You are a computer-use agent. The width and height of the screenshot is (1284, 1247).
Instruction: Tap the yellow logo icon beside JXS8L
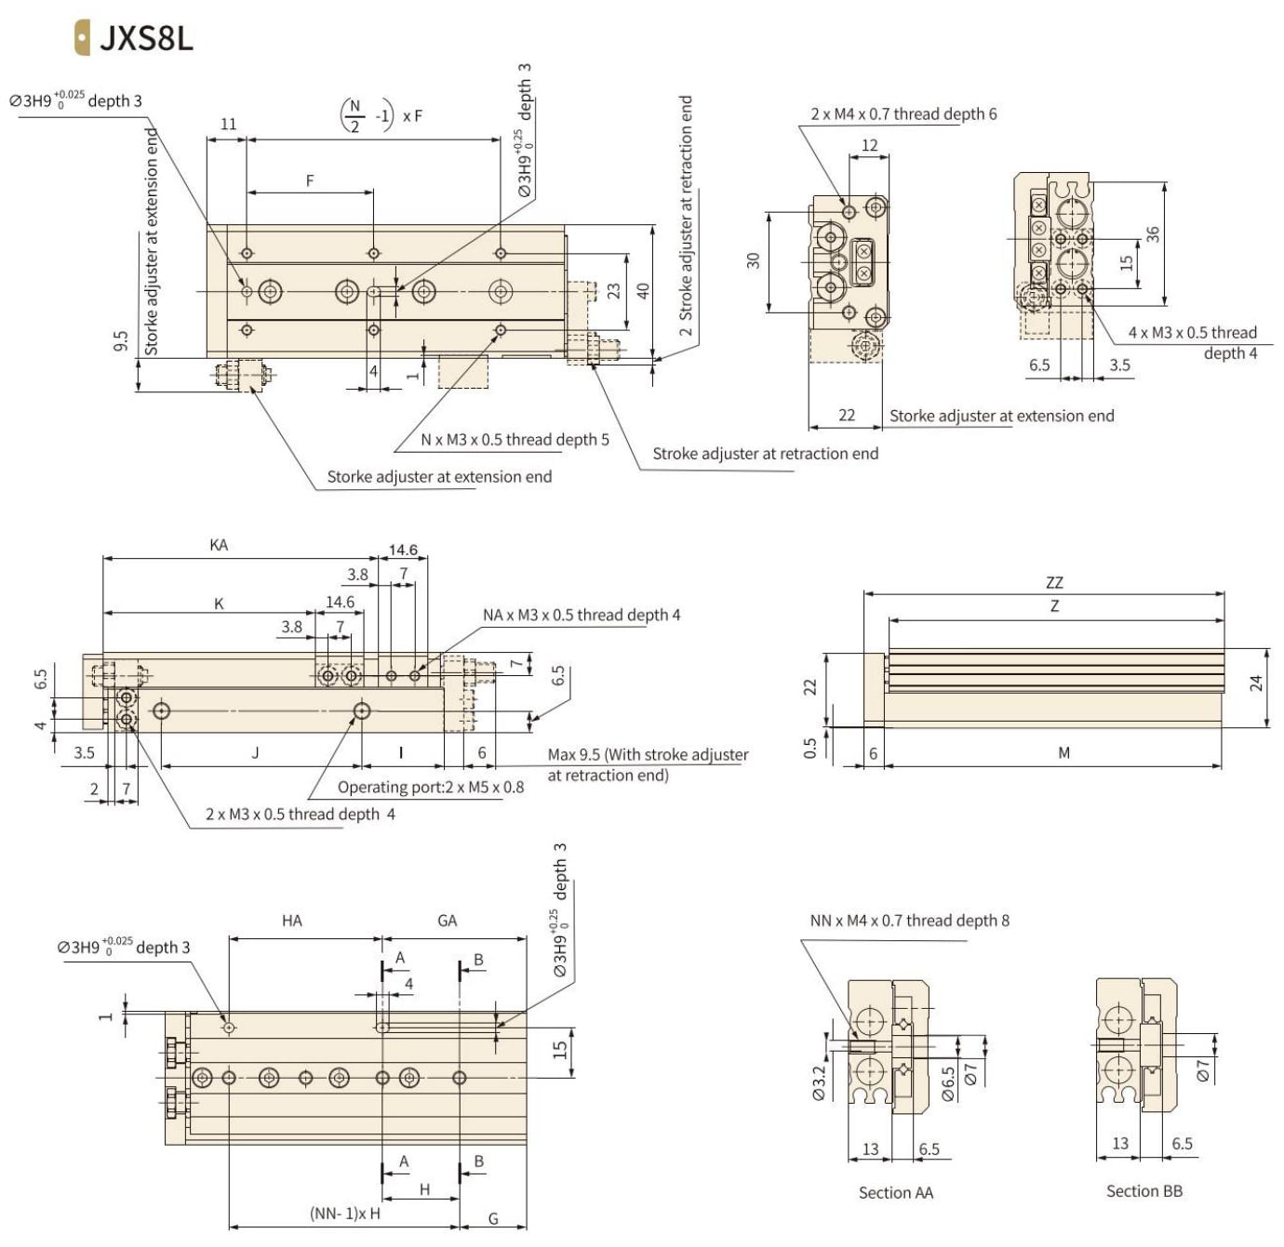click(82, 38)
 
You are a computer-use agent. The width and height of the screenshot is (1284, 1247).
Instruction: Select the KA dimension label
click(219, 545)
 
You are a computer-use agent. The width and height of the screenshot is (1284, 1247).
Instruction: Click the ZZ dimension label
click(1054, 583)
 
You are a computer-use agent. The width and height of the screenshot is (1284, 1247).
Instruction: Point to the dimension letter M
click(1063, 752)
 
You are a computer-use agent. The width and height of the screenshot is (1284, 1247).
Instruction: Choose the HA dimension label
click(292, 921)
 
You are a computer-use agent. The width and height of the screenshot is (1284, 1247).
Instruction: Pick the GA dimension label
click(448, 921)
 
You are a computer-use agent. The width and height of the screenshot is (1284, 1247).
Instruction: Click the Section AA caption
click(895, 1192)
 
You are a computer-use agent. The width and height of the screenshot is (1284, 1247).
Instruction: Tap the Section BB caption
click(1144, 1191)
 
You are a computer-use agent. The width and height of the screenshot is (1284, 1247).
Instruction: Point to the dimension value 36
click(1153, 234)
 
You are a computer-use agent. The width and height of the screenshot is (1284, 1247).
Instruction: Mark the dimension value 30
click(754, 260)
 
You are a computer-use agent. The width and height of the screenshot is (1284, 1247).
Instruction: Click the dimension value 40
click(643, 290)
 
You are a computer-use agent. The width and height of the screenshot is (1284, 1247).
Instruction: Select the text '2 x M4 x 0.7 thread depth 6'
click(903, 113)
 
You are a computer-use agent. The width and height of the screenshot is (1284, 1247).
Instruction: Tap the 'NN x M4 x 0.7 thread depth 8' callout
click(909, 921)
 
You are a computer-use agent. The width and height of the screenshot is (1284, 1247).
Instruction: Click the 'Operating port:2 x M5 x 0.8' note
click(430, 788)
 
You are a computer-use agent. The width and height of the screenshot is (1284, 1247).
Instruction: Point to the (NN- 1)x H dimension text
click(345, 1213)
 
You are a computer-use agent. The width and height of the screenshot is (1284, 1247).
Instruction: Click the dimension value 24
click(1256, 683)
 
